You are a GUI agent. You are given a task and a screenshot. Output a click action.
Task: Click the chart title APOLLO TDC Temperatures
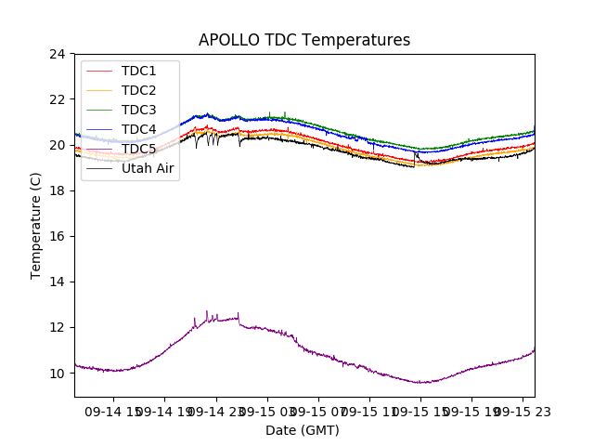[x=304, y=40]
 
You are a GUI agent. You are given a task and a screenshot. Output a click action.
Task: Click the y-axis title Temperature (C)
[x=36, y=225]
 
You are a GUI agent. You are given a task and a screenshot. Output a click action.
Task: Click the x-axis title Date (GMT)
[x=303, y=430]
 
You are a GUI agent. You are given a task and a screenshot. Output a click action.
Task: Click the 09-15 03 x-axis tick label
[x=268, y=410]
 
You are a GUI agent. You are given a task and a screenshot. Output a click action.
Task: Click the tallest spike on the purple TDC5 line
[x=207, y=312]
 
